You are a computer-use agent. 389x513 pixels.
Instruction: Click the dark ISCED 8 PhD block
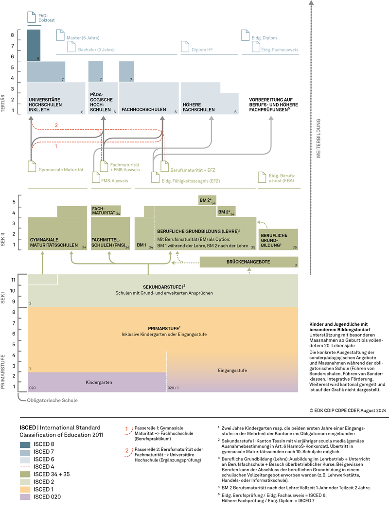(x=34, y=45)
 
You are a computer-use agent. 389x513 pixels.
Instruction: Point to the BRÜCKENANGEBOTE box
(x=248, y=262)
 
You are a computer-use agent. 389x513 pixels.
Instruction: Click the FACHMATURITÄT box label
(x=104, y=211)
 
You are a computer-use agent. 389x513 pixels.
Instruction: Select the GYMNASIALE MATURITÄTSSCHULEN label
(x=54, y=243)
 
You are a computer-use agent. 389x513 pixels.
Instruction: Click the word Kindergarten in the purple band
(x=99, y=382)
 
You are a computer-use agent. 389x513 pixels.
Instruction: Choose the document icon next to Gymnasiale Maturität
(x=32, y=166)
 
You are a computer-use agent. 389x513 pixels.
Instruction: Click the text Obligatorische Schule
(x=53, y=401)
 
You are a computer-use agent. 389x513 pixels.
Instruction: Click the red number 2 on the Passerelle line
(x=56, y=126)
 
